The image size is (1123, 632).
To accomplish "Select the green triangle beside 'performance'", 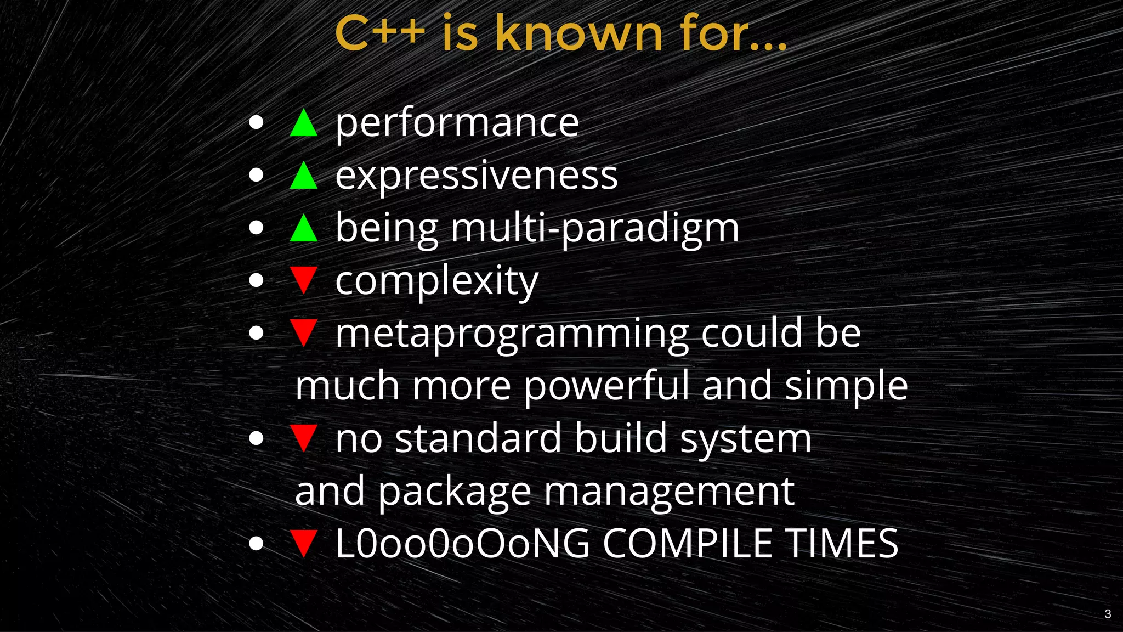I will tap(304, 123).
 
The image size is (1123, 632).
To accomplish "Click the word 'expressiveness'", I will tap(477, 176).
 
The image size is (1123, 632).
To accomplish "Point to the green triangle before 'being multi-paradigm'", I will tap(304, 228).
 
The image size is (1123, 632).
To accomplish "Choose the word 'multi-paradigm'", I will tap(595, 228).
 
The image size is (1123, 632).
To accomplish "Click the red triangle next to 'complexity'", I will tap(304, 280).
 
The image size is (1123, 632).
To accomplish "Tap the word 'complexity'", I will tap(436, 281).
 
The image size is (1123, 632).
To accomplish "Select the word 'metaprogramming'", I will tap(512, 334).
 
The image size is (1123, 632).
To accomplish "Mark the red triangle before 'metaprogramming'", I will tap(304, 332).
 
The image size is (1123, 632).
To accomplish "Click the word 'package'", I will tap(455, 492).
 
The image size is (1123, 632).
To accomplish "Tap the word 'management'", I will tap(669, 492).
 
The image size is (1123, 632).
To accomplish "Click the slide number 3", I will tap(1108, 614).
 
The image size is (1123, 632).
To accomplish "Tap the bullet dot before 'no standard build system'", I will tap(256, 439).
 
